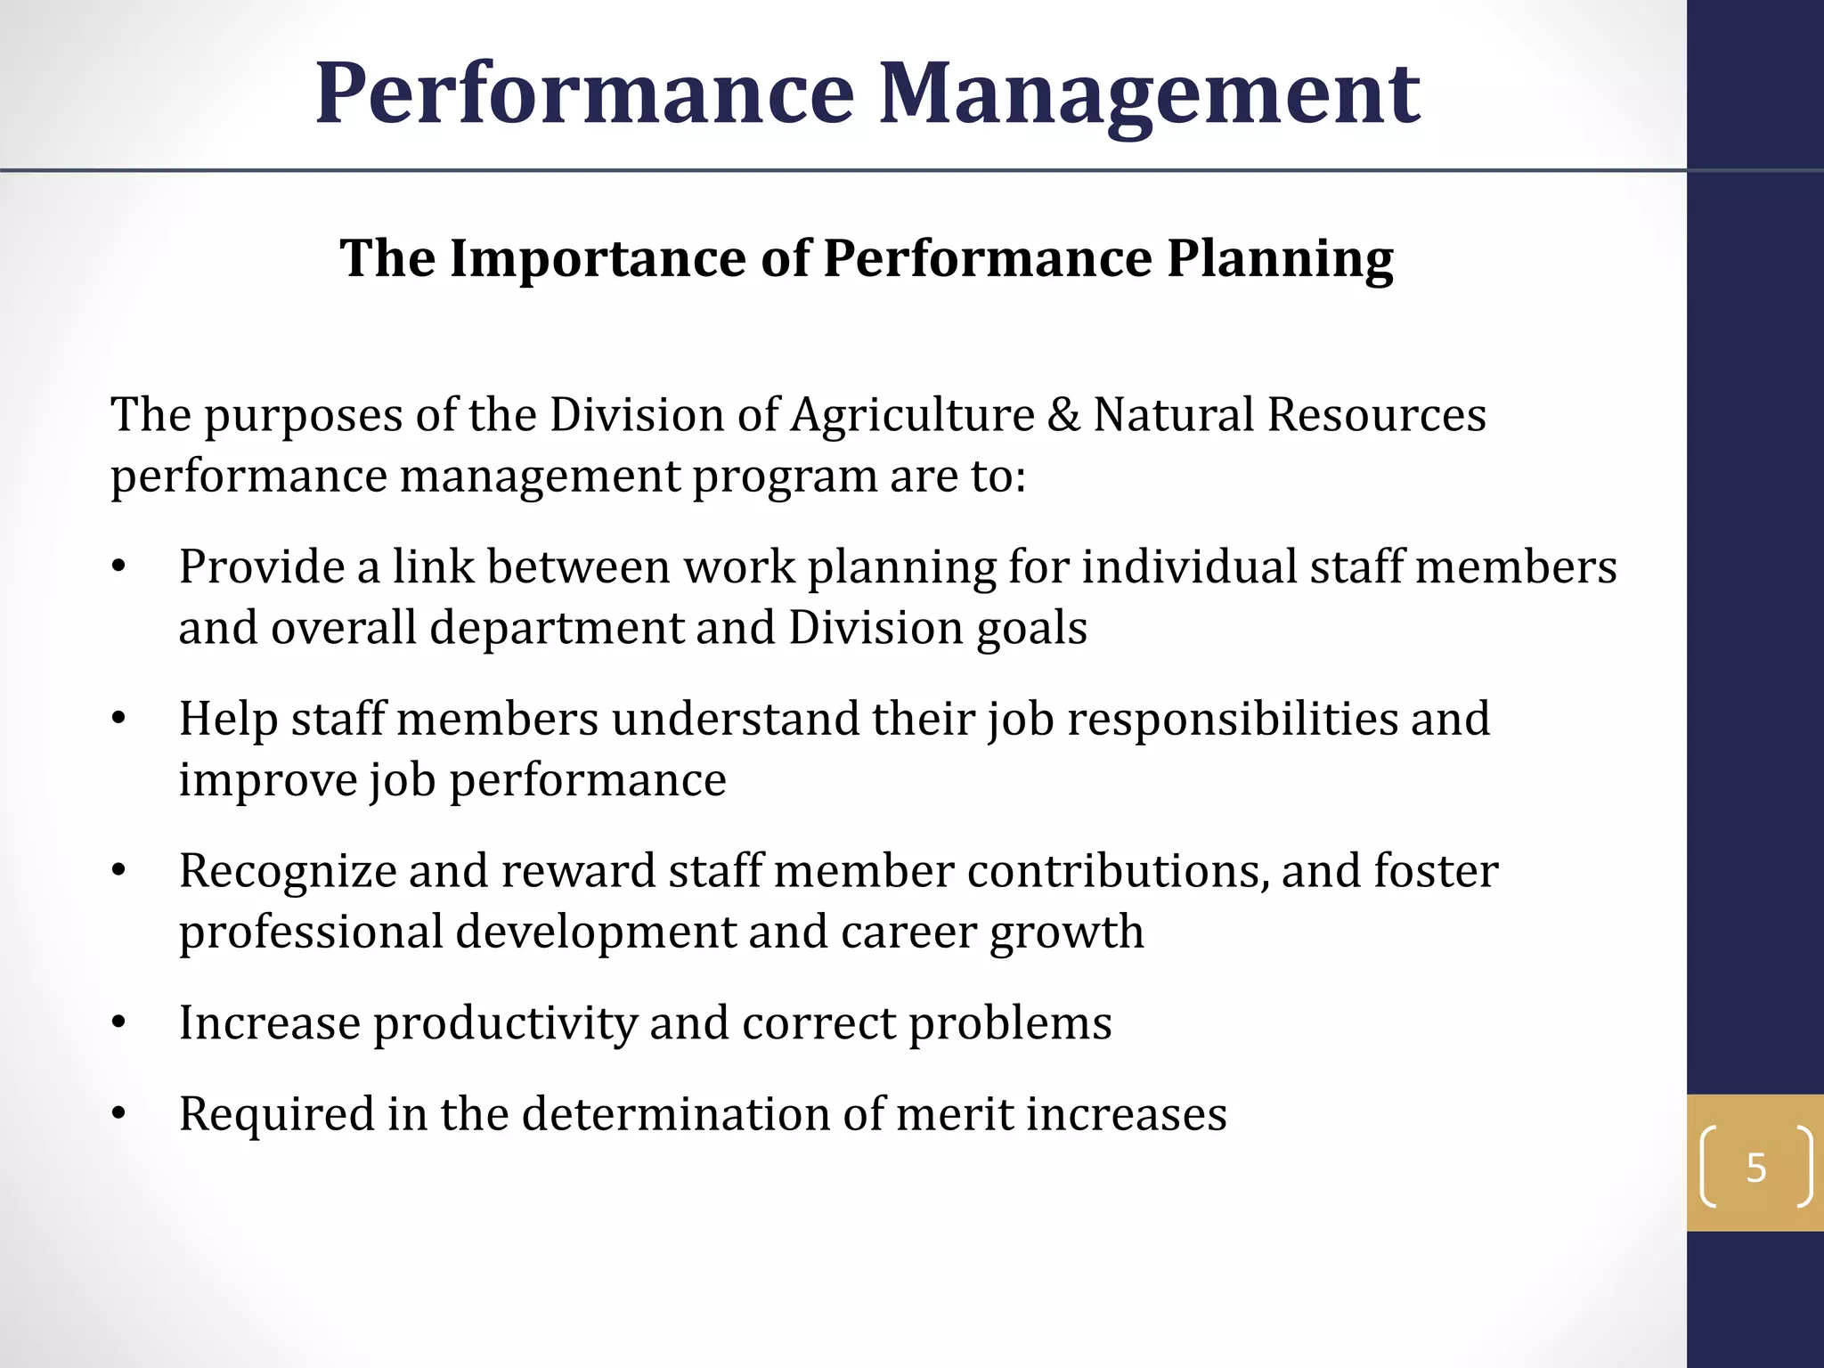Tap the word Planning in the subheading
1280,259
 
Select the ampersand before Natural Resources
1063,415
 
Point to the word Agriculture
912,415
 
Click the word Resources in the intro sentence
1377,415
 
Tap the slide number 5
1755,1167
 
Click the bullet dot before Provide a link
118,567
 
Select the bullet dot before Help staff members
118,720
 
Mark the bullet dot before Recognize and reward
118,871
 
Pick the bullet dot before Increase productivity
118,1023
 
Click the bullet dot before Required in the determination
118,1114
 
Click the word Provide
262,567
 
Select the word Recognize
287,871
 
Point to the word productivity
505,1023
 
